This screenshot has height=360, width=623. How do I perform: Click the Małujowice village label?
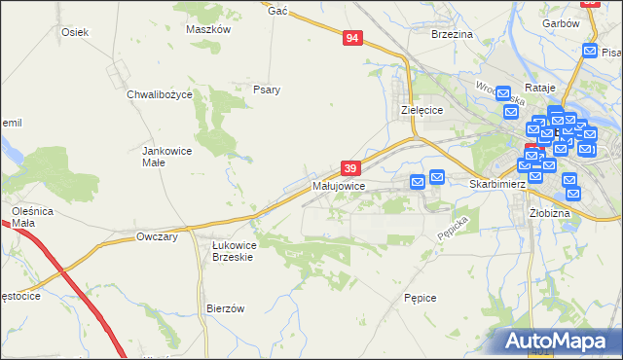point(339,185)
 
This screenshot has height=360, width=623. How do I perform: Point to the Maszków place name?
point(207,29)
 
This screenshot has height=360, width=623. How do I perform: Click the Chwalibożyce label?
point(160,95)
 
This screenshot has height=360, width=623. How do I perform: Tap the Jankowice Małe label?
point(167,157)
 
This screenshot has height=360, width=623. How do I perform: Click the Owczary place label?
point(157,236)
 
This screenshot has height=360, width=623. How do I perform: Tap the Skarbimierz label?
point(497,184)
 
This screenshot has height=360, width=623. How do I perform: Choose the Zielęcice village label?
point(422,111)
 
